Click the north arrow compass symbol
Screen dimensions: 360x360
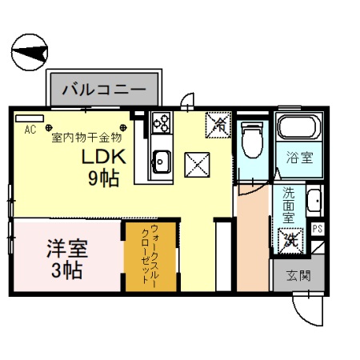pyautogui.click(x=31, y=54)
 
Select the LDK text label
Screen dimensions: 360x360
pyautogui.click(x=106, y=158)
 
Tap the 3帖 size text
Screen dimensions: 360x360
pyautogui.click(x=63, y=270)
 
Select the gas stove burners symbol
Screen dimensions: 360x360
pyautogui.click(x=161, y=122)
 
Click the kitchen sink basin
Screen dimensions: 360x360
pyautogui.click(x=161, y=161)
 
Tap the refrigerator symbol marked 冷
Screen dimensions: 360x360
pyautogui.click(x=218, y=125)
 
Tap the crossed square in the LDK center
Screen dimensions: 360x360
pyautogui.click(x=197, y=165)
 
